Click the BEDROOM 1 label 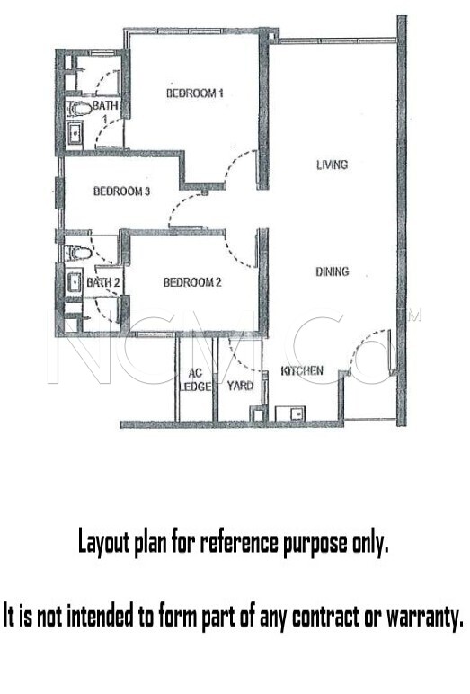[194, 93]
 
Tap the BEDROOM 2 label [192, 282]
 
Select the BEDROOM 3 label [121, 191]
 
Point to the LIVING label [332, 165]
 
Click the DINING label [332, 271]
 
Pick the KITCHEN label [302, 370]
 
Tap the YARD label [240, 386]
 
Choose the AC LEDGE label [195, 380]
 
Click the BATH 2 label [103, 282]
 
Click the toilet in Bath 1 [78, 109]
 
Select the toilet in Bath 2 [77, 253]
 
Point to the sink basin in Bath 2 [74, 281]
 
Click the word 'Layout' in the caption [104, 543]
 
